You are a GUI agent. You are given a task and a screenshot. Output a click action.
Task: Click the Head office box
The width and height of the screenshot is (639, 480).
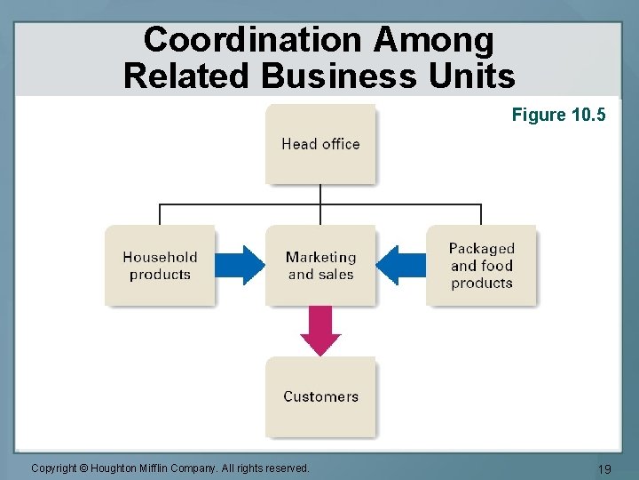click(x=320, y=144)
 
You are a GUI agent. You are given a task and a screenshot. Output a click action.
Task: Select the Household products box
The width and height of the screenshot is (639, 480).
click(x=160, y=266)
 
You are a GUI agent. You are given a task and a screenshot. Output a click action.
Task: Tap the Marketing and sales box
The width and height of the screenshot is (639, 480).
click(x=320, y=266)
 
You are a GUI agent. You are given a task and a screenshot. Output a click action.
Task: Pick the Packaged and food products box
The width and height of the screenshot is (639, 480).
click(x=481, y=266)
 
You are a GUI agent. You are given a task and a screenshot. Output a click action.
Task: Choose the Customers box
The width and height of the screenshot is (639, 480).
click(x=320, y=396)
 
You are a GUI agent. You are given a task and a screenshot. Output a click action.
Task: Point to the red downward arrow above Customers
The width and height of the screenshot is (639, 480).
click(x=320, y=331)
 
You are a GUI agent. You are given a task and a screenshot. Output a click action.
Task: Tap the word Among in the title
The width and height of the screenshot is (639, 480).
click(x=434, y=40)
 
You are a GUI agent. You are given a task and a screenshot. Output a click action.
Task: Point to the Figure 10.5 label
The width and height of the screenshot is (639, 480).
click(x=558, y=115)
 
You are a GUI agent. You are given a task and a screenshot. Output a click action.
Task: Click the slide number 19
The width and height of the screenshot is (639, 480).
click(x=605, y=469)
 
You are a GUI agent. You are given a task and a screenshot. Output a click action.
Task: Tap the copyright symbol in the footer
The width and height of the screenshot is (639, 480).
click(x=83, y=468)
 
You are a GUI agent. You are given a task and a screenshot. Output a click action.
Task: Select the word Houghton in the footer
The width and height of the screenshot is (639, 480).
click(x=114, y=468)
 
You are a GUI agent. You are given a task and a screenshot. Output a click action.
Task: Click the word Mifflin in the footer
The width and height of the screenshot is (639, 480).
click(x=157, y=468)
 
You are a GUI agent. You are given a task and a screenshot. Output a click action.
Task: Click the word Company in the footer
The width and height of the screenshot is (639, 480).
click(x=201, y=468)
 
